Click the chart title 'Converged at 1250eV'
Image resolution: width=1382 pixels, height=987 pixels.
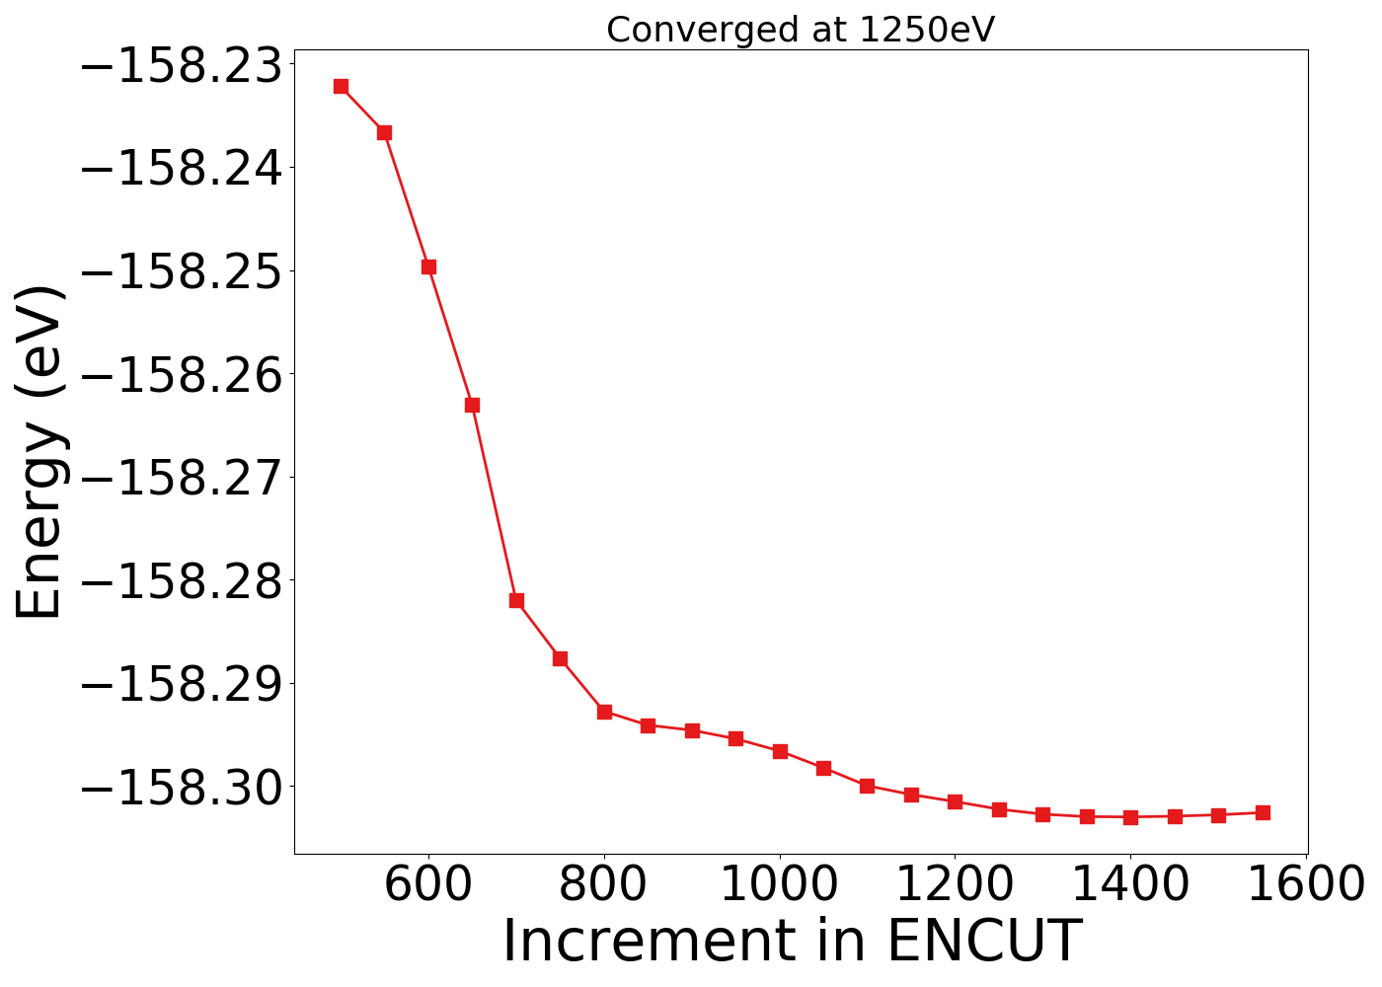801,31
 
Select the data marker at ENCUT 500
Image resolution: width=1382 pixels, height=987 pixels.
341,87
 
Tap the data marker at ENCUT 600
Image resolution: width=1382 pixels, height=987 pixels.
428,266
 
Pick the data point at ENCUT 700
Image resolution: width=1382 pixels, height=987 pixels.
516,600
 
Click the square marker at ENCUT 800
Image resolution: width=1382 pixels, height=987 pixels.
604,712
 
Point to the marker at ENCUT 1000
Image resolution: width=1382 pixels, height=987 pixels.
780,751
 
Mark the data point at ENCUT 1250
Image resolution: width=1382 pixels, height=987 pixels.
999,809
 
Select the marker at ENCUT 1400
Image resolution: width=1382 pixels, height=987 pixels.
1130,817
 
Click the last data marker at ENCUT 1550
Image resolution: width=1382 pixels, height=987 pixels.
1263,812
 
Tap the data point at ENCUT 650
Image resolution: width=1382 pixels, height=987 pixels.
472,405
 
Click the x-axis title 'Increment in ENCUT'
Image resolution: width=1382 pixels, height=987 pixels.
792,941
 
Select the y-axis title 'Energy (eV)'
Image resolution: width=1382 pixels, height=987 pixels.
41,452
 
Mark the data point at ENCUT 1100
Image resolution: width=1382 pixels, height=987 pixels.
867,786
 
